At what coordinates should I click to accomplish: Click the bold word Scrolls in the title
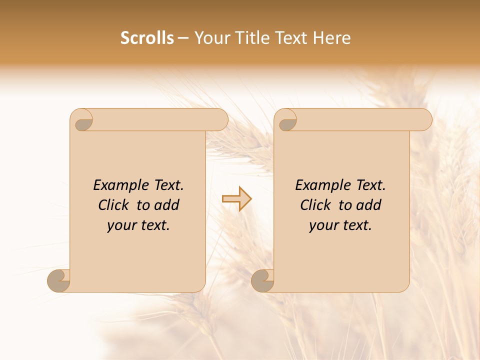[147, 38]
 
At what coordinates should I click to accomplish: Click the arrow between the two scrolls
[237, 199]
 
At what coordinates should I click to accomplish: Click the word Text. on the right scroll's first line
[370, 185]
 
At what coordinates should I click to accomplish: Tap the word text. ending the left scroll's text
[154, 225]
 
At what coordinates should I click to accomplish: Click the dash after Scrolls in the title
[183, 38]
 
